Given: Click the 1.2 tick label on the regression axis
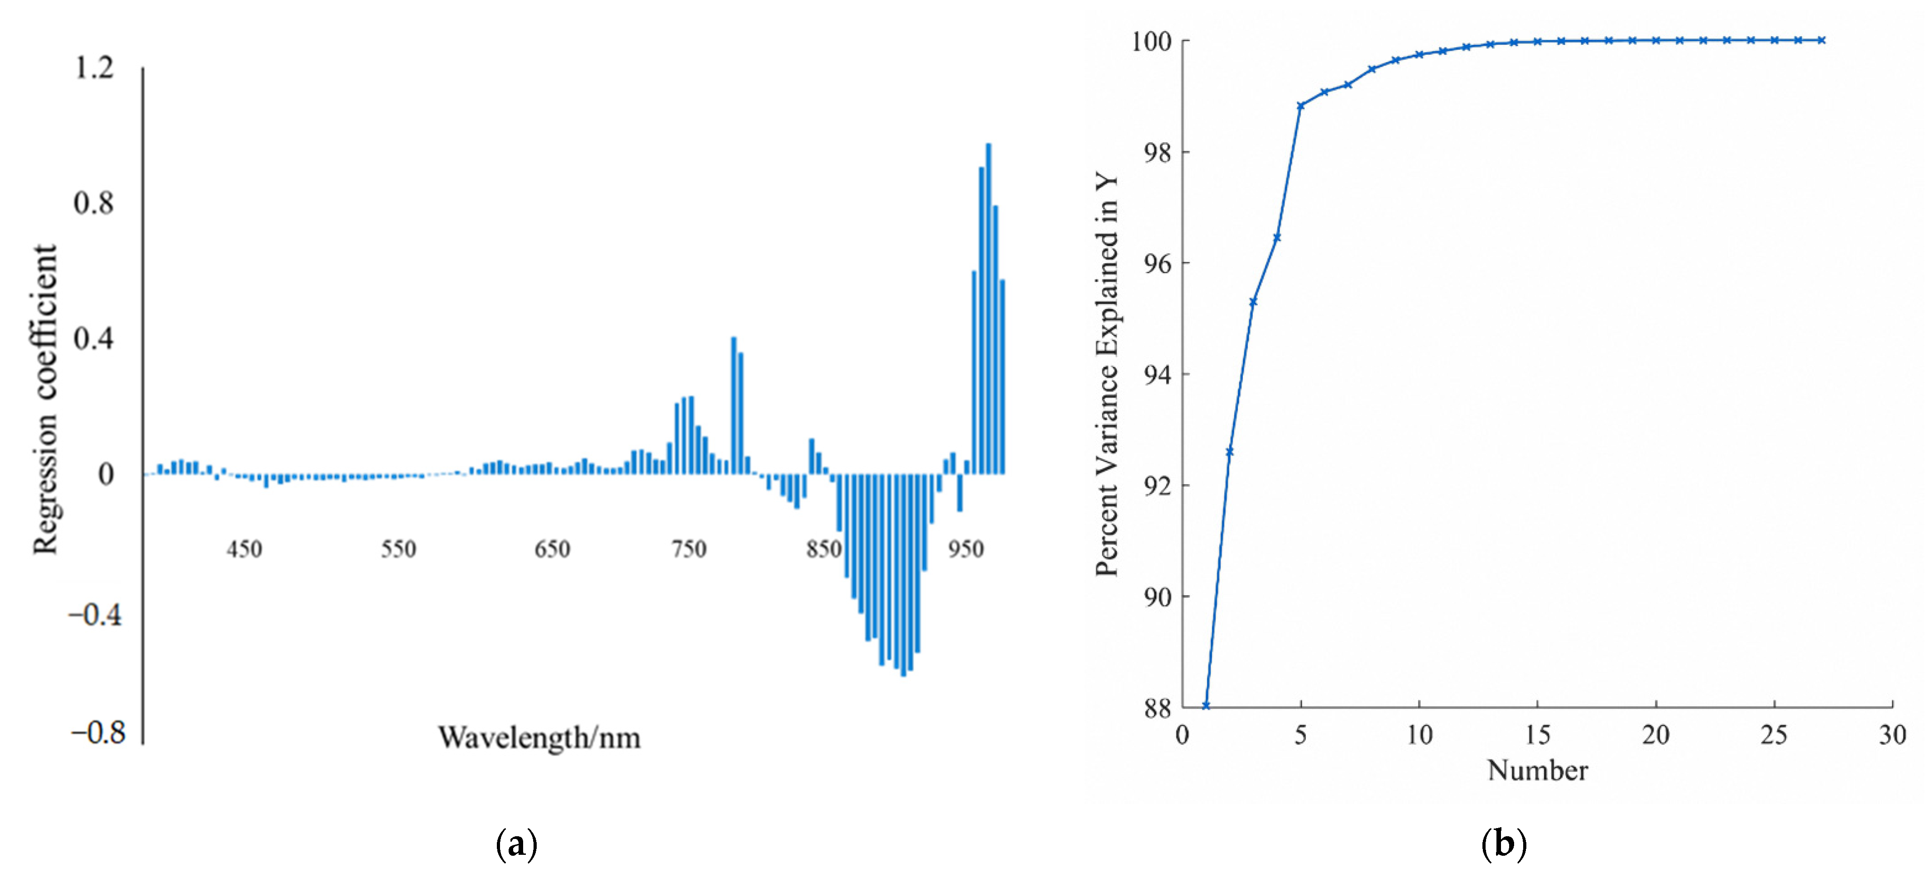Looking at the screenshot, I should click(x=94, y=67).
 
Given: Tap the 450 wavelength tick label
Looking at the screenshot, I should click(x=244, y=549).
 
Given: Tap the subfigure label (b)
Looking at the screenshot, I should click(x=1504, y=844).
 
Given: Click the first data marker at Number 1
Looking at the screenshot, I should click(x=1206, y=705).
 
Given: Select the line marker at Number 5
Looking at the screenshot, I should click(x=1301, y=106).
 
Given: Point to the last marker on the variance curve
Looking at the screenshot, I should click(x=1822, y=40).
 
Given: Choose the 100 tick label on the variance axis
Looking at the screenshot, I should click(x=1151, y=41).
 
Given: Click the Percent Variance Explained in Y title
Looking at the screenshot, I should click(x=1107, y=374).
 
